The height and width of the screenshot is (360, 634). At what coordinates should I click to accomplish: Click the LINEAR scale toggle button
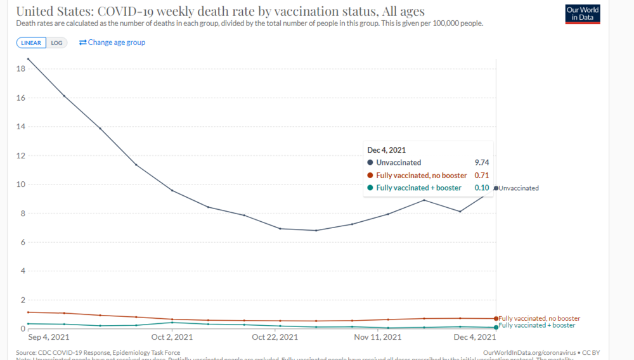point(31,43)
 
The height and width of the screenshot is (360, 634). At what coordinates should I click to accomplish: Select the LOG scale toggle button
point(56,43)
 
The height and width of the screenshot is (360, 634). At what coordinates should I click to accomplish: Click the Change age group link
point(112,42)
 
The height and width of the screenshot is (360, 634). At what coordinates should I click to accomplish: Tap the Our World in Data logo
point(582,13)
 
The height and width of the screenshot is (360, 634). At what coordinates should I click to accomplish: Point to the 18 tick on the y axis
point(20,68)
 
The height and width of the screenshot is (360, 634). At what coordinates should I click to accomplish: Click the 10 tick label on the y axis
point(20,184)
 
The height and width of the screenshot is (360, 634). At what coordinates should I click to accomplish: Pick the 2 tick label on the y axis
point(22,300)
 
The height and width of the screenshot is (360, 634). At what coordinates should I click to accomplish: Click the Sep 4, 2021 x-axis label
point(49,337)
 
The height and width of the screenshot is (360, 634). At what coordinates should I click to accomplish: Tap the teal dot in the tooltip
point(370,188)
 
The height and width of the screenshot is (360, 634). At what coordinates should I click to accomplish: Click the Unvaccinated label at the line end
point(519,188)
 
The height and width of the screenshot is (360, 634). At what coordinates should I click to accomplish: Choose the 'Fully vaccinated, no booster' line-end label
point(540,318)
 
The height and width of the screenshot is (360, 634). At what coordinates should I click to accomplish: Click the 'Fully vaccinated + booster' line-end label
point(537,325)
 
